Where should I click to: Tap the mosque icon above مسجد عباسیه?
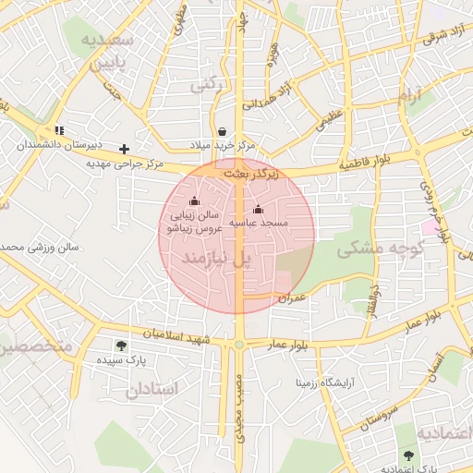point(258,209)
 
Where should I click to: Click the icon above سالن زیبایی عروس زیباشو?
point(194,201)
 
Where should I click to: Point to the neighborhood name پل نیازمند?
point(216,260)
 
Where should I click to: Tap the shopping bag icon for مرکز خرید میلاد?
point(222,132)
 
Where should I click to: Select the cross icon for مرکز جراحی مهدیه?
point(125,149)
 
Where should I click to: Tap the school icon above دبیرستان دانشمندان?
point(60,130)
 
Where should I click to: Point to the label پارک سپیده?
point(123,360)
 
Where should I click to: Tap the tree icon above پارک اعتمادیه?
point(408,455)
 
